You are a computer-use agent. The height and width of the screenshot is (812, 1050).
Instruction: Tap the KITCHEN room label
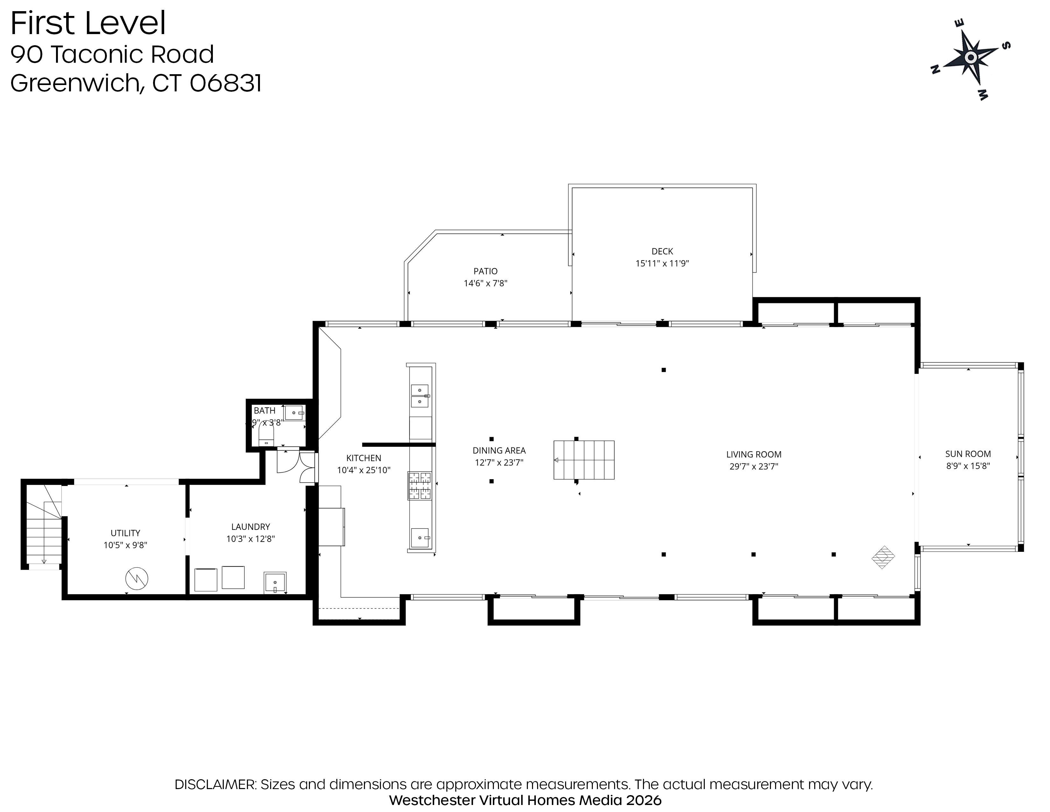pyautogui.click(x=363, y=458)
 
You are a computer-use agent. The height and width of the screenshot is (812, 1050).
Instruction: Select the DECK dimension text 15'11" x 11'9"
pyautogui.click(x=662, y=263)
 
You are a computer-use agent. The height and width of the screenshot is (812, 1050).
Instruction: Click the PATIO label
pyautogui.click(x=485, y=271)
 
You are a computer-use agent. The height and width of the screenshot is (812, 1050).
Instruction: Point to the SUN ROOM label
pyautogui.click(x=968, y=454)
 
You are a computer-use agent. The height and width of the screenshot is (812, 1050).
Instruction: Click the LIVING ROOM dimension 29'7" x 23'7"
pyautogui.click(x=753, y=466)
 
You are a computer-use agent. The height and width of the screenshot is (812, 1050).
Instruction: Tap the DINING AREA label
pyautogui.click(x=499, y=450)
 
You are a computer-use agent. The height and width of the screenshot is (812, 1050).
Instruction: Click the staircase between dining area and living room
pyautogui.click(x=584, y=460)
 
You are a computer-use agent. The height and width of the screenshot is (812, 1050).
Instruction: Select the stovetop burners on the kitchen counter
pyautogui.click(x=420, y=485)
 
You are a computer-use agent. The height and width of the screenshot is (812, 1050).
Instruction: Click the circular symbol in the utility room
pyautogui.click(x=136, y=579)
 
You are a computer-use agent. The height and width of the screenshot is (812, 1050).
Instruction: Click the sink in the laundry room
pyautogui.click(x=275, y=582)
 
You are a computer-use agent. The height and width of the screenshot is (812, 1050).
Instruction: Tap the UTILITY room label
pyautogui.click(x=125, y=533)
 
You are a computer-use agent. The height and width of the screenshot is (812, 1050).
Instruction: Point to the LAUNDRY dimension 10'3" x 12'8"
pyautogui.click(x=250, y=539)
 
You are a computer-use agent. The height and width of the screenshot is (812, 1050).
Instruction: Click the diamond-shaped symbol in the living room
pyautogui.click(x=883, y=557)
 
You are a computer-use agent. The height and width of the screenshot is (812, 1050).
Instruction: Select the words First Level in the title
pyautogui.click(x=88, y=23)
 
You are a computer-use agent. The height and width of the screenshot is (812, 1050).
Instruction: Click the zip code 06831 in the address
pyautogui.click(x=226, y=83)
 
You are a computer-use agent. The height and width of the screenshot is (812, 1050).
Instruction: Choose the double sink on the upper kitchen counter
pyautogui.click(x=420, y=395)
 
